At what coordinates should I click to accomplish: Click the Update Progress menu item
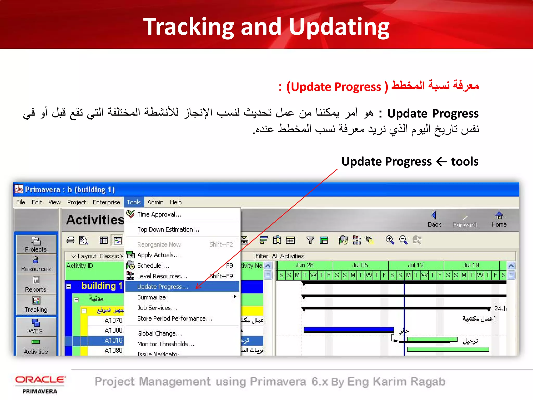[x=162, y=286]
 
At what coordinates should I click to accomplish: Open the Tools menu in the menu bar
[x=134, y=202]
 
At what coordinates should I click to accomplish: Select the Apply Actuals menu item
[x=158, y=255]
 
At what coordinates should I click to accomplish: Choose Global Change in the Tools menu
[x=160, y=333]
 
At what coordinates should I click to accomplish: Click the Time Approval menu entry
[x=159, y=214]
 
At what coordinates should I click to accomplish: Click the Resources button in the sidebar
[x=36, y=264]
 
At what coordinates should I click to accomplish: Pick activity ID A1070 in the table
[x=113, y=320]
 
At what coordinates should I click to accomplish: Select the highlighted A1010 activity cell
[x=113, y=341]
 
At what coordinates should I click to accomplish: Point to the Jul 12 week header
[x=416, y=265]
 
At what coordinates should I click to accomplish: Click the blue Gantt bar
[x=349, y=329]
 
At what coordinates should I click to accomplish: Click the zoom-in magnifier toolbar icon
[x=390, y=240]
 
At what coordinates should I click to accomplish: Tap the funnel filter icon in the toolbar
[x=310, y=240]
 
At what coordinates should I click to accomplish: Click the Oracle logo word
[x=40, y=380]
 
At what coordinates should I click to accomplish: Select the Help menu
[x=176, y=202]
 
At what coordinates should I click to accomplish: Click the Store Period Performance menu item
[x=174, y=318]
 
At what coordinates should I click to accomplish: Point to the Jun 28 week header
[x=304, y=265]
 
